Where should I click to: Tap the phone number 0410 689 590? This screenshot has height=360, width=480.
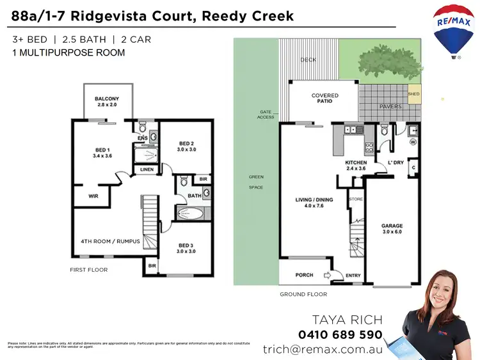340,334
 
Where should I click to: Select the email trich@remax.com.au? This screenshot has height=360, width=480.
323,350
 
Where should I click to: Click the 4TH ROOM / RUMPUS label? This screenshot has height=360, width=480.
110,242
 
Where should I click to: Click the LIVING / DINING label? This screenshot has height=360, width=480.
313,203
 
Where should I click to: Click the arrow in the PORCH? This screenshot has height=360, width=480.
326,276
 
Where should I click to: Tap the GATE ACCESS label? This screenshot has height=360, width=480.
266,114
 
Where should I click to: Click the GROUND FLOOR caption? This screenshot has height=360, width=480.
303,295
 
